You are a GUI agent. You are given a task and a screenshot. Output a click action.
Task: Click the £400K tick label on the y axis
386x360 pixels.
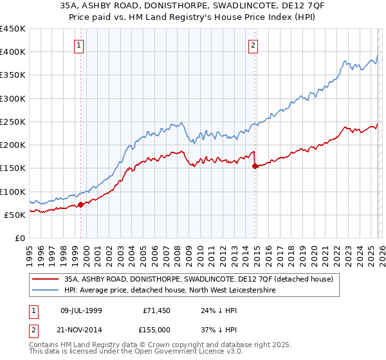13,52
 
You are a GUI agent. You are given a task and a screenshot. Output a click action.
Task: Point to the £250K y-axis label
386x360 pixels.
13,122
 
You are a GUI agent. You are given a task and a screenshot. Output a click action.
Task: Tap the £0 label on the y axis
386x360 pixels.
19,238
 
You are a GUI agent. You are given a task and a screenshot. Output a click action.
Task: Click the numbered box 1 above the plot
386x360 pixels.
78,45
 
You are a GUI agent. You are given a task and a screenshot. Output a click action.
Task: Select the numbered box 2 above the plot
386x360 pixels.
253,45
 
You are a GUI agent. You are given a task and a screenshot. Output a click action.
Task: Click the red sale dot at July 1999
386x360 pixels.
80,204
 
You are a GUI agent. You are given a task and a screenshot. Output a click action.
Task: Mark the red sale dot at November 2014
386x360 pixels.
255,166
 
